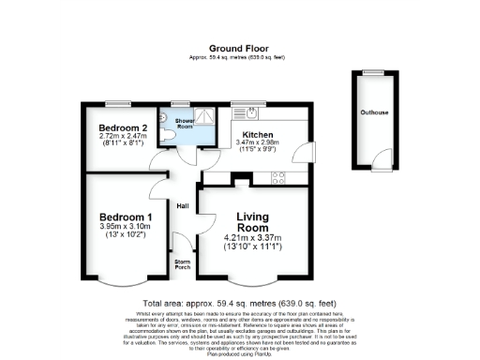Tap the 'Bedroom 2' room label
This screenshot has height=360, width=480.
(x=124, y=127)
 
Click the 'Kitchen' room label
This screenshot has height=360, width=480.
(x=258, y=134)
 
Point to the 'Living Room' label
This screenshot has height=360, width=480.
(x=252, y=221)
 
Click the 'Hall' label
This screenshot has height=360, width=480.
(x=183, y=206)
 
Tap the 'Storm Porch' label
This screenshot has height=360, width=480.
(x=182, y=264)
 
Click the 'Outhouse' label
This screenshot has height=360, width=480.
(x=374, y=113)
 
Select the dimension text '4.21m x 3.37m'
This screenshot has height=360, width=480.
(x=253, y=238)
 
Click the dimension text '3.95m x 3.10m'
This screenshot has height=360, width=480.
(x=125, y=227)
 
